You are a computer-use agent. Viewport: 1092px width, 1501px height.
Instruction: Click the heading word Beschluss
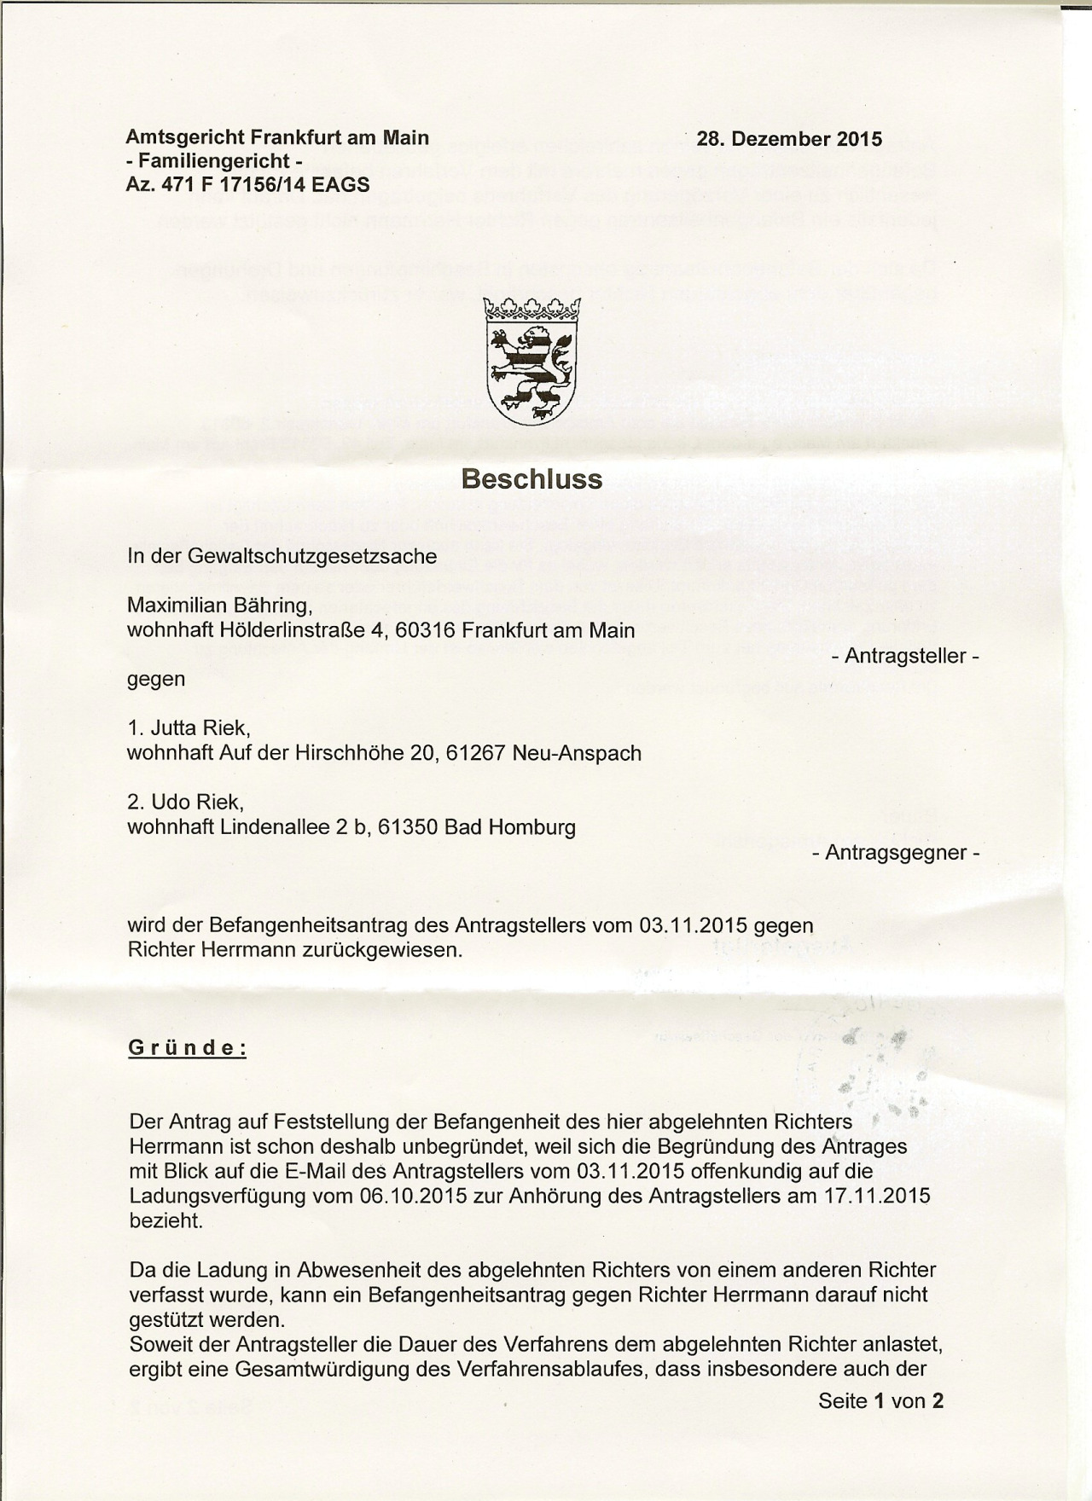531,479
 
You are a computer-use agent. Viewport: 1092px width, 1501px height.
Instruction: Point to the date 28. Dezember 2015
789,139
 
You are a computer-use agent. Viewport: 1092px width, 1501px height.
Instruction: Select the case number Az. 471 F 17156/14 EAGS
247,183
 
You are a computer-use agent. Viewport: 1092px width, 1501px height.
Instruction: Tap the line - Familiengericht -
214,161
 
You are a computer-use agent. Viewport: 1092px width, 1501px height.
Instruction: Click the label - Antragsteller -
905,657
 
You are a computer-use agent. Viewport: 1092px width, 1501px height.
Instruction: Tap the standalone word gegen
156,680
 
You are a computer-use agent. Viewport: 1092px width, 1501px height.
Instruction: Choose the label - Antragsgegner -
897,852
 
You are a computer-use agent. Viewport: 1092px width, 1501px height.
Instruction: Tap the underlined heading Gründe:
187,1048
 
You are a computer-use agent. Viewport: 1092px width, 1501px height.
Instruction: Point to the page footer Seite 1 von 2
880,1400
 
